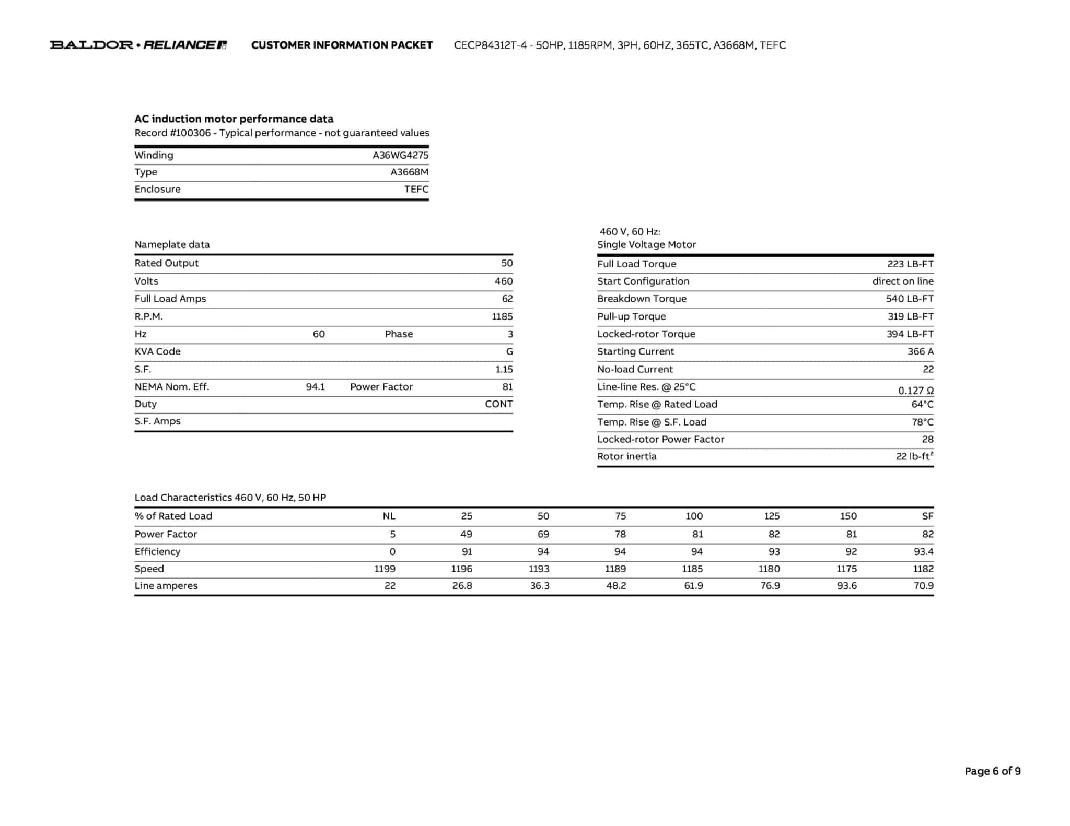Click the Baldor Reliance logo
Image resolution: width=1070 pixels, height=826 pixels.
tap(138, 45)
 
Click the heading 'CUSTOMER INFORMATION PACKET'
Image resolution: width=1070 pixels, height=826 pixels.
tap(342, 45)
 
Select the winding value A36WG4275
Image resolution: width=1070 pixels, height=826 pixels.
tap(400, 155)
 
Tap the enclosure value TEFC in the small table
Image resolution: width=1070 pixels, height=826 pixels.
tap(416, 189)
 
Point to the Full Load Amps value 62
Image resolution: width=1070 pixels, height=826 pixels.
tap(507, 299)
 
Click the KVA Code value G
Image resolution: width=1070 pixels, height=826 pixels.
tap(509, 351)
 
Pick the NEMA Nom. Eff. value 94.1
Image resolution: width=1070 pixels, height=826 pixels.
tap(315, 387)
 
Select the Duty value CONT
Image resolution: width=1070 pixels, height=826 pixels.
tap(498, 404)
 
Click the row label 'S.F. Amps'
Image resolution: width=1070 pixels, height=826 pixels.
tap(157, 421)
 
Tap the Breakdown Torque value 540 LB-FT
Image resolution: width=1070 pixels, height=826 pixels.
tap(909, 299)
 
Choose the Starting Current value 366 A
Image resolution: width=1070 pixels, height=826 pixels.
tap(920, 351)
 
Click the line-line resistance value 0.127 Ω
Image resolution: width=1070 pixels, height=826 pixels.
tap(915, 391)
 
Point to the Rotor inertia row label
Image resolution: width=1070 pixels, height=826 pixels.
tap(626, 456)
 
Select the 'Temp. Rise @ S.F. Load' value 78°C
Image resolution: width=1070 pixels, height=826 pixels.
tap(922, 422)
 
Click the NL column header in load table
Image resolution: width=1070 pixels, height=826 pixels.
tap(389, 516)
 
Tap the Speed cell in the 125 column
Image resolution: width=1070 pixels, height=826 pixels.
tap(769, 569)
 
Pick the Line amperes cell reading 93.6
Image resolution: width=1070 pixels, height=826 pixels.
tap(846, 586)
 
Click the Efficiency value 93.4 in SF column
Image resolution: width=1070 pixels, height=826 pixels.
tap(923, 551)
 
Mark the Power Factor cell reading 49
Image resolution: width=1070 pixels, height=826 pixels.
tap(466, 534)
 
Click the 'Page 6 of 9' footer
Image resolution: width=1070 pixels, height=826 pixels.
tap(992, 771)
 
